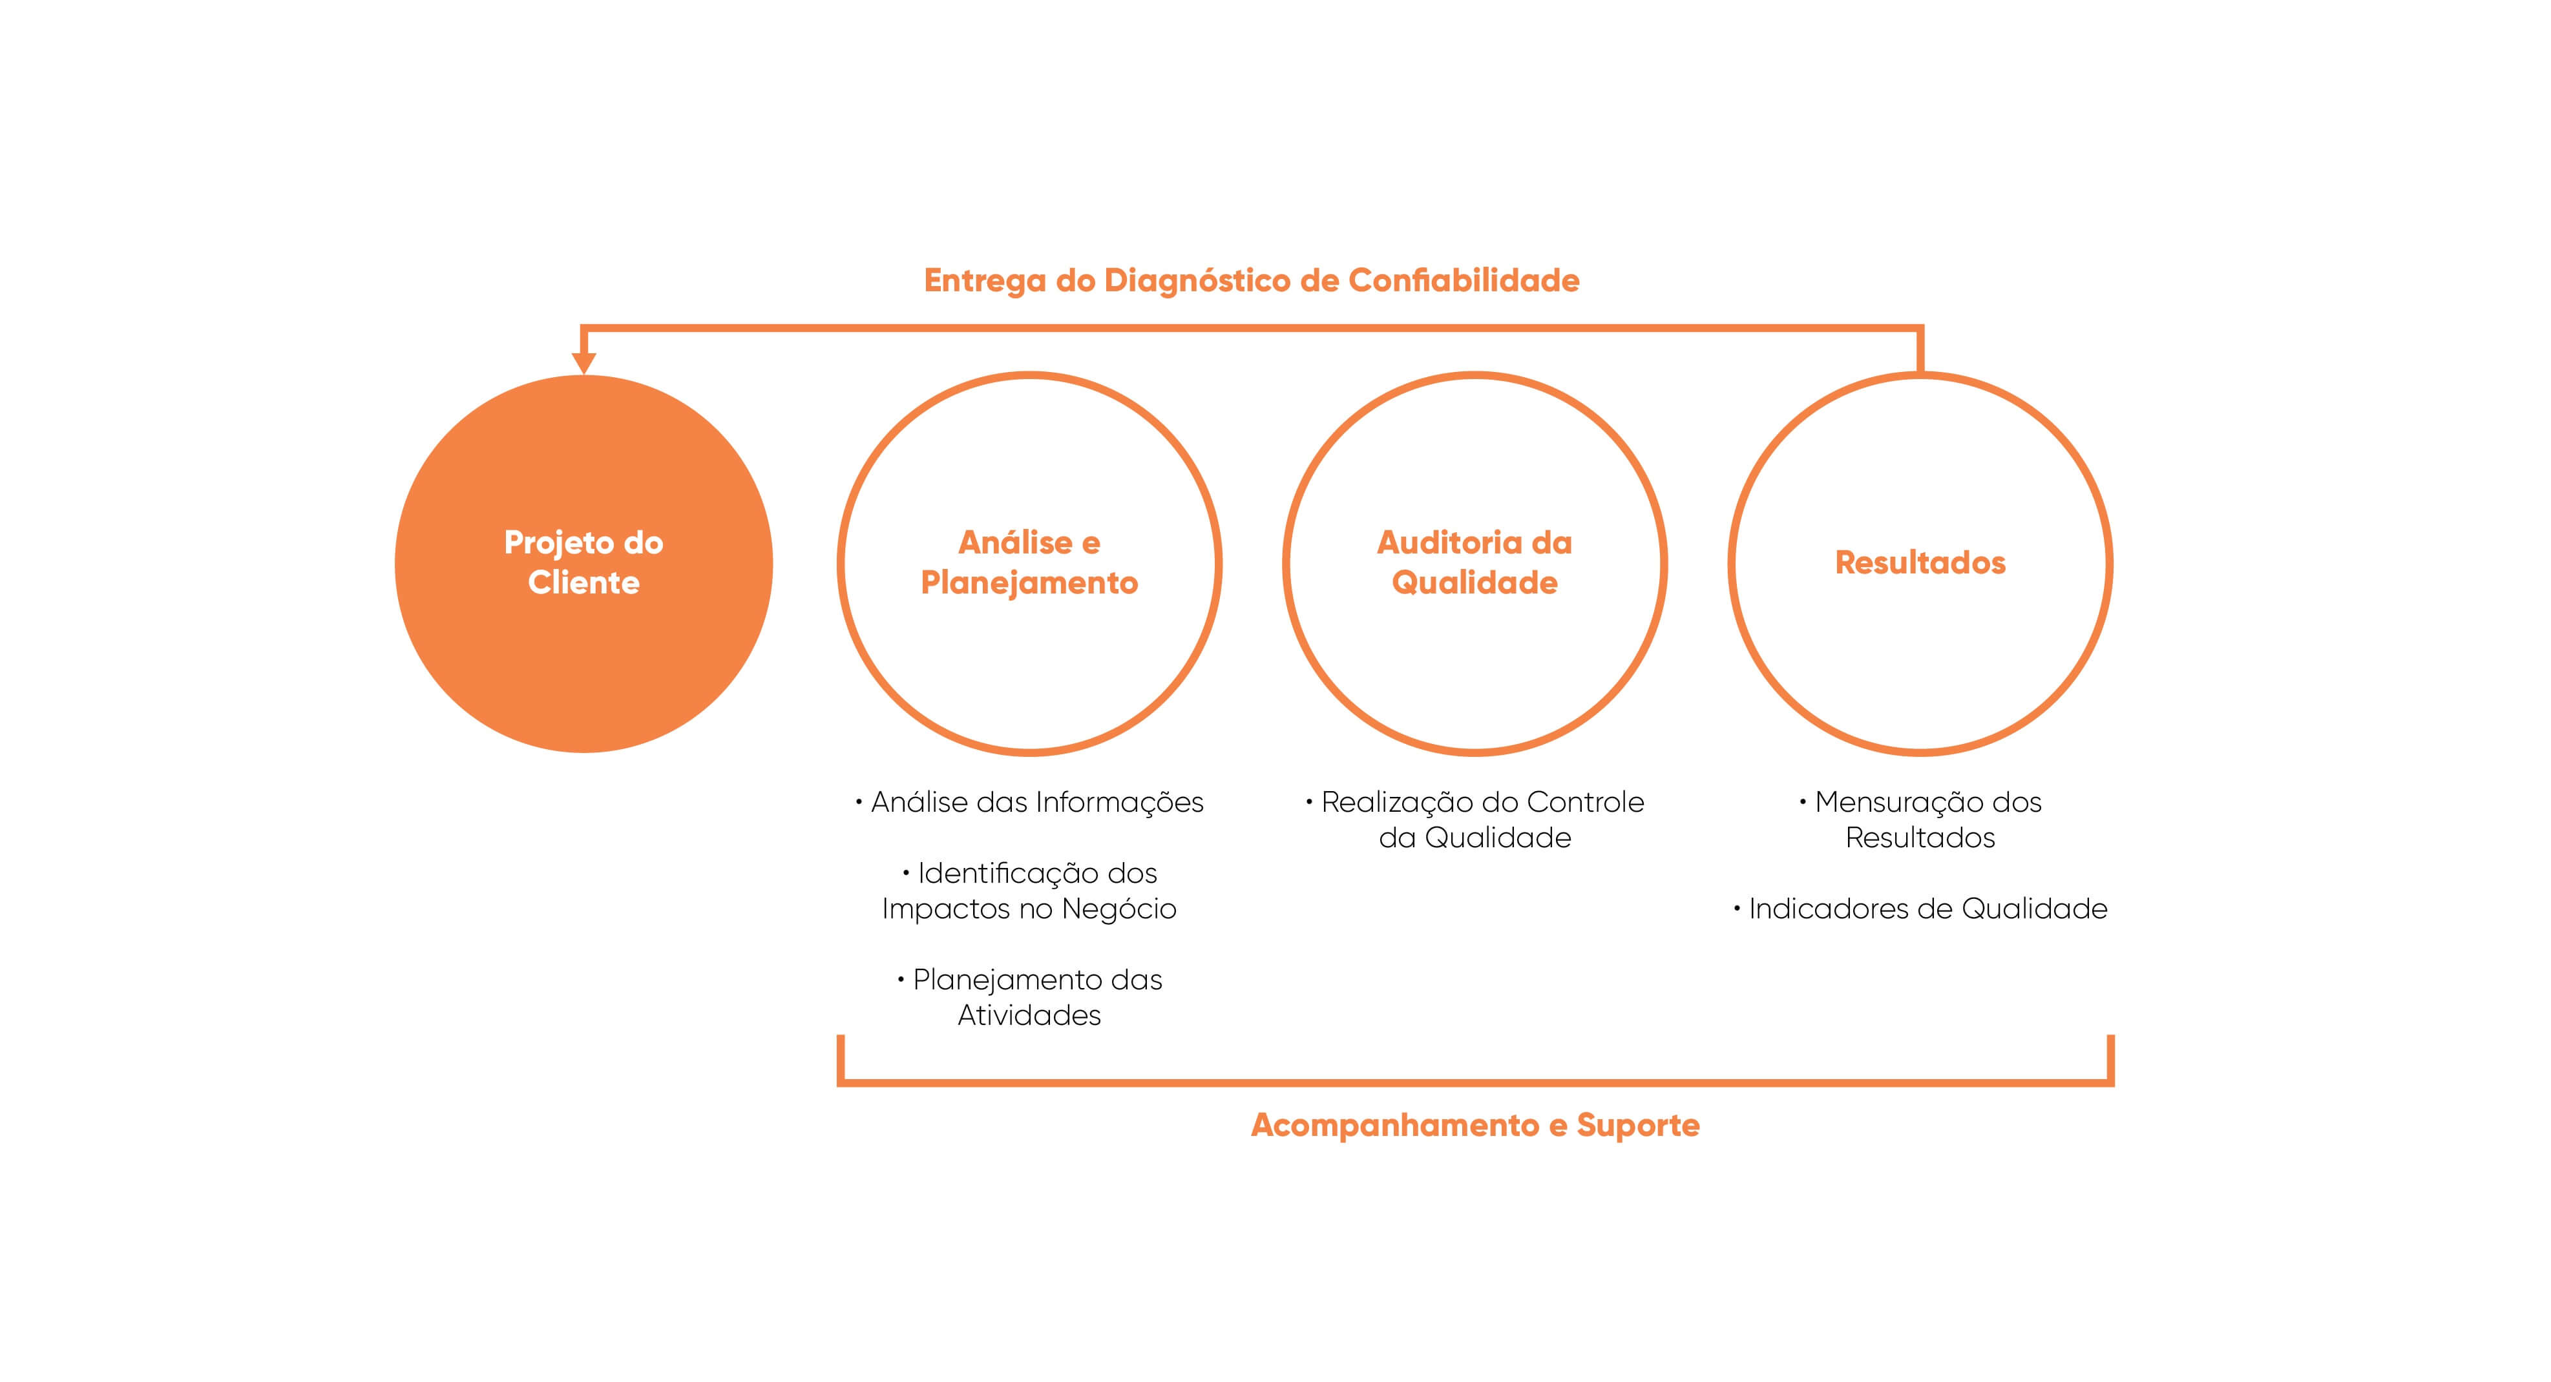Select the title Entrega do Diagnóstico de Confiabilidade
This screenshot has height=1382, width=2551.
[x=1251, y=280]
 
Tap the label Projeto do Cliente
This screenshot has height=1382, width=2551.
[x=583, y=562]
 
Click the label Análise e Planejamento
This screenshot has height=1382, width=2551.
[x=1029, y=562]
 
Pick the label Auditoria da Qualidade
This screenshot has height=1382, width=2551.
[x=1475, y=562]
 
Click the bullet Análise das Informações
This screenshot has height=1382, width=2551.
[x=1030, y=802]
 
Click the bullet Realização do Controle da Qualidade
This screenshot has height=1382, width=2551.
[x=1475, y=820]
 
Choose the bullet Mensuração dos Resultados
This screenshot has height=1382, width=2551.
[x=1920, y=820]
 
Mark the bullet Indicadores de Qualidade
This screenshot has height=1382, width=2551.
[x=1920, y=909]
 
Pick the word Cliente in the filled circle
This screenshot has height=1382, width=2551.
[x=583, y=582]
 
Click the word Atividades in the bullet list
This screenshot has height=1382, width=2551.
[x=1029, y=1015]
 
